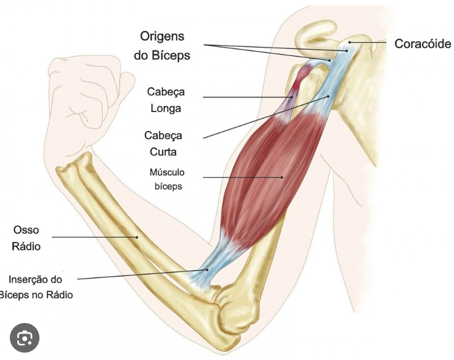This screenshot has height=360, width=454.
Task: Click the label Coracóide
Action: click(x=423, y=44)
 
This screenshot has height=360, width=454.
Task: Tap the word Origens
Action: click(x=162, y=36)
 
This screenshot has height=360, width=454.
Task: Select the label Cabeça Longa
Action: click(x=166, y=100)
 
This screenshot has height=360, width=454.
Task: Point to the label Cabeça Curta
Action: click(x=163, y=142)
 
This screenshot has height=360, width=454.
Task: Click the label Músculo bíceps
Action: click(x=167, y=179)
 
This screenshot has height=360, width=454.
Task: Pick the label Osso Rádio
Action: click(x=26, y=238)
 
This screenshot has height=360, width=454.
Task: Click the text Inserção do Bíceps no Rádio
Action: click(x=38, y=287)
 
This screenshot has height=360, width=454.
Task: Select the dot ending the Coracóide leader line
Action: click(x=349, y=42)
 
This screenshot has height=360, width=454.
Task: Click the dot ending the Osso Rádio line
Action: click(x=137, y=236)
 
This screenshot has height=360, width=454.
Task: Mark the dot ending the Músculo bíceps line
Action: click(x=283, y=178)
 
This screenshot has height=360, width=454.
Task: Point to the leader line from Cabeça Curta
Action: click(x=265, y=116)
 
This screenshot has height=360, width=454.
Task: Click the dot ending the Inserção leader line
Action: click(x=208, y=269)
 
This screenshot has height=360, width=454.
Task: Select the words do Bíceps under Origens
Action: click(x=162, y=55)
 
